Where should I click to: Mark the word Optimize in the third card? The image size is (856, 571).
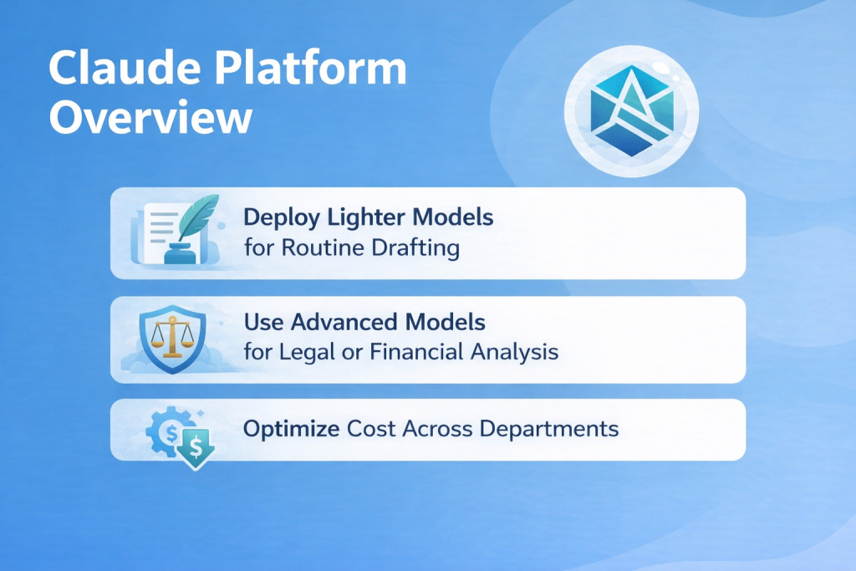pyautogui.click(x=292, y=430)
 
